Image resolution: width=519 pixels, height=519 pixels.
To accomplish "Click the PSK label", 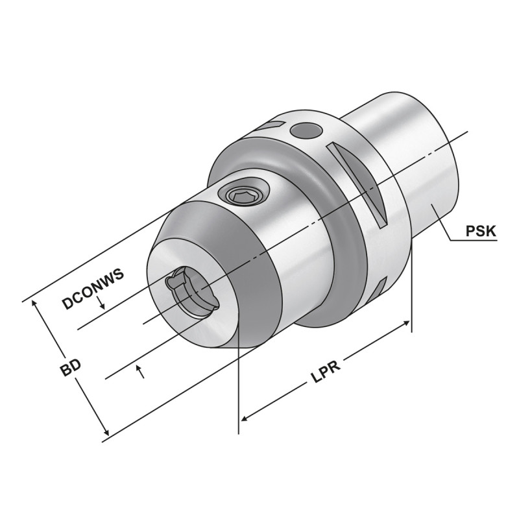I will coord(481,230).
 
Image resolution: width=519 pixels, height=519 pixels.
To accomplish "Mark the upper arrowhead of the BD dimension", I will coord(36,307).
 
